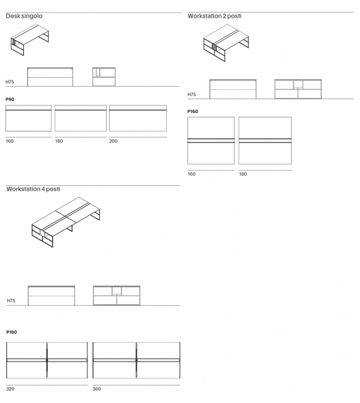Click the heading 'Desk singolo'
click(24, 16)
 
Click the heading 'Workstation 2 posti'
click(214, 16)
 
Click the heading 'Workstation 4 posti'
click(33, 189)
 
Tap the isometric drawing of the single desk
click(29, 39)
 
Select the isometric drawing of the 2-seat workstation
click(225, 43)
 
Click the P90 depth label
click(10, 99)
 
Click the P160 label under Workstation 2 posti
click(193, 111)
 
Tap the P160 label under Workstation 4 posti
click(11, 331)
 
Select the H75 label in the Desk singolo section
click(10, 82)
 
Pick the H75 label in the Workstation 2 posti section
click(192, 94)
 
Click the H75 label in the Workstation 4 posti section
click(11, 301)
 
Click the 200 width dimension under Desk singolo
click(113, 141)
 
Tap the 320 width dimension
click(10, 389)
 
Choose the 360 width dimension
click(97, 389)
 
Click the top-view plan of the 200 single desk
click(137, 119)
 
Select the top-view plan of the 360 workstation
click(136, 360)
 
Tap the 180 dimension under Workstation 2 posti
click(243, 174)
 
